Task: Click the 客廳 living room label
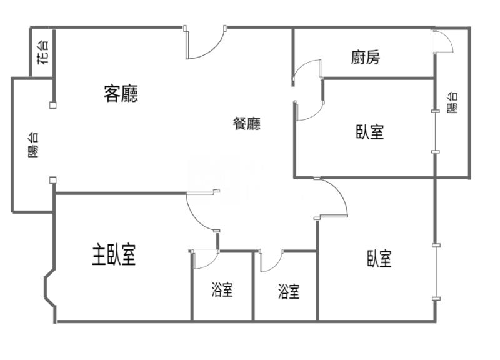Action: click(x=121, y=94)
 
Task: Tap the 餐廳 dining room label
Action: click(x=247, y=124)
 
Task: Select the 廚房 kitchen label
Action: click(x=366, y=57)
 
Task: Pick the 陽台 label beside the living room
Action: click(x=33, y=144)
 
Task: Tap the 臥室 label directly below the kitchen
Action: click(x=370, y=132)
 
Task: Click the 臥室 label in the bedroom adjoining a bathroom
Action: click(x=379, y=259)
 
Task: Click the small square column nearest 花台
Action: click(x=53, y=104)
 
